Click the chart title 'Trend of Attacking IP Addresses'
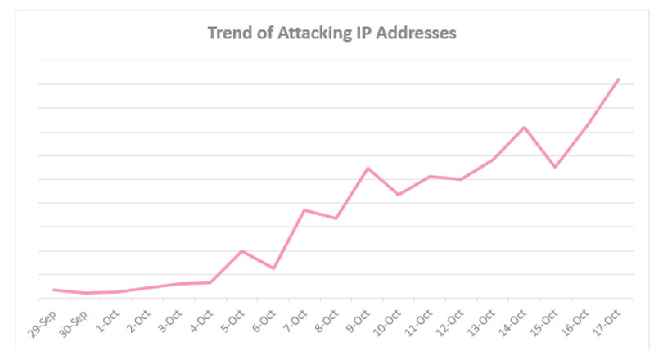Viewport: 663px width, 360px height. click(332, 34)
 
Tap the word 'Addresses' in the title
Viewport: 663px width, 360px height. click(416, 33)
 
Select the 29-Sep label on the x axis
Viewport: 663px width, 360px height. click(43, 324)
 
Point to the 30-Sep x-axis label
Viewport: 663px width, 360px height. click(74, 324)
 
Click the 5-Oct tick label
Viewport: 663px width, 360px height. click(234, 321)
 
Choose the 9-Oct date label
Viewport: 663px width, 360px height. click(359, 321)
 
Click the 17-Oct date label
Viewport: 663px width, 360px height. click(607, 323)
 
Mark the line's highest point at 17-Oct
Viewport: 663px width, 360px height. click(619, 79)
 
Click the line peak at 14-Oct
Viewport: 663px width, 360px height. click(525, 127)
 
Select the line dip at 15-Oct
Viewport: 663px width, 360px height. click(555, 168)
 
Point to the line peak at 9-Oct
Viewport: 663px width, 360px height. click(368, 169)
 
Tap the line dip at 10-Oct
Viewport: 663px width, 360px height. click(399, 195)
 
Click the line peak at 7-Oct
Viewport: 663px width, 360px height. click(304, 210)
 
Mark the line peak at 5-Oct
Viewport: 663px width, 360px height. click(241, 251)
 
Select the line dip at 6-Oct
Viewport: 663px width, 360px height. click(273, 268)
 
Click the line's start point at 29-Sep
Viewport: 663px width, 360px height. click(54, 290)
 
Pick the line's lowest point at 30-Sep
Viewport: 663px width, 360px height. click(85, 293)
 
